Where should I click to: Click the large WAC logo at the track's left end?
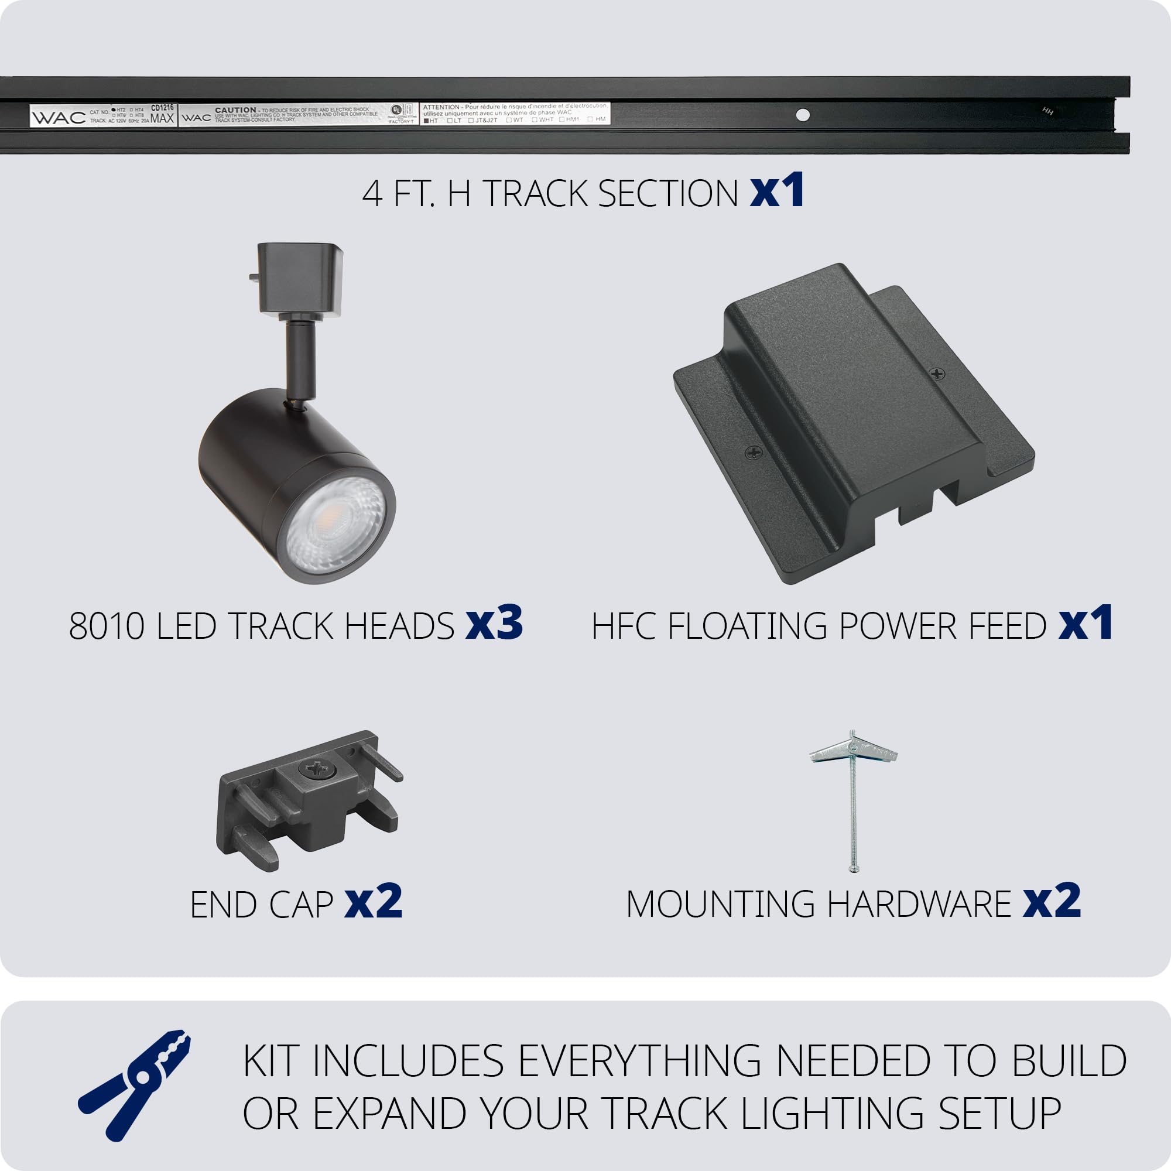[59, 118]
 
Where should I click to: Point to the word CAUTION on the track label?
[235, 110]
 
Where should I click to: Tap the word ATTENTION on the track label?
[441, 107]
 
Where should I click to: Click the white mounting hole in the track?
[803, 115]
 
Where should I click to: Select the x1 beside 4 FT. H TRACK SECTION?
[776, 190]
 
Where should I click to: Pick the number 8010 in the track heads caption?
[107, 626]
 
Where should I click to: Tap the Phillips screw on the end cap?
[315, 770]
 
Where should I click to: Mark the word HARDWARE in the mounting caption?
[919, 905]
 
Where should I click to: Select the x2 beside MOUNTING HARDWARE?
[1052, 901]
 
